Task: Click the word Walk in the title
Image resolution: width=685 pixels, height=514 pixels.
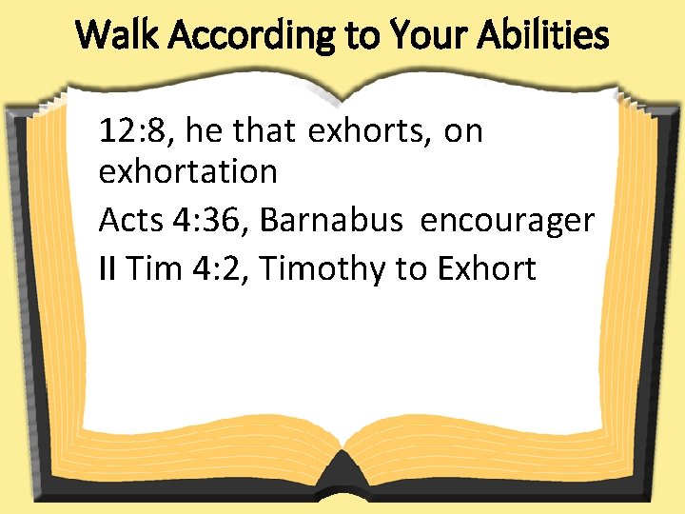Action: (113, 36)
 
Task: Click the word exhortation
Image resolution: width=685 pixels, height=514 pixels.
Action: (188, 172)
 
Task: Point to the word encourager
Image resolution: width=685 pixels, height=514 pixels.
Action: (507, 220)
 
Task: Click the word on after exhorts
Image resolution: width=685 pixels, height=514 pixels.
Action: (463, 130)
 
